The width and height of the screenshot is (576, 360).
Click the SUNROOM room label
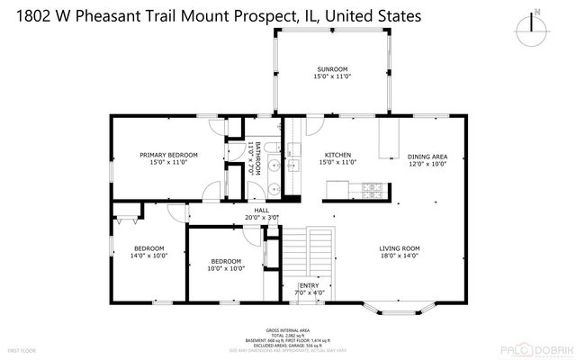click(332, 69)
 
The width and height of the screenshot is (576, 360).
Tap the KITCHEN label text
click(332, 154)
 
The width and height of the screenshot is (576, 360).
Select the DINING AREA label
click(427, 155)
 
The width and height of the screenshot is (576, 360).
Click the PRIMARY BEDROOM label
click(168, 155)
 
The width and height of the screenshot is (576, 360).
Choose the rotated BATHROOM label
click(257, 157)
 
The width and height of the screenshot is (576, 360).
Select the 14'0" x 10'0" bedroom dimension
click(148, 256)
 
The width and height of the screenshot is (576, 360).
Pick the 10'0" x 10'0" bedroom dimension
click(226, 268)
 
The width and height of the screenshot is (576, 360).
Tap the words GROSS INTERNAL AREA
click(288, 331)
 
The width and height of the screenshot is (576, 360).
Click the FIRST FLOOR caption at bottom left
click(22, 349)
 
